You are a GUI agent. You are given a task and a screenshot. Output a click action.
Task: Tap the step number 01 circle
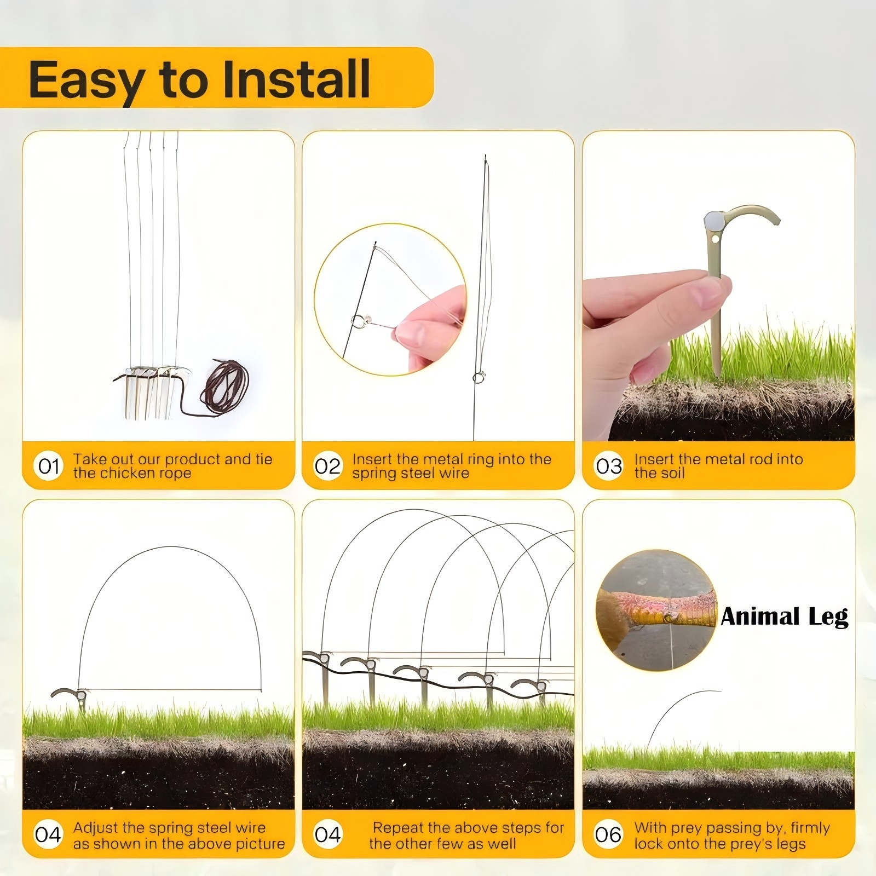(x=48, y=466)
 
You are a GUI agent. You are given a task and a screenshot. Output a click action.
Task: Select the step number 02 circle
(x=327, y=466)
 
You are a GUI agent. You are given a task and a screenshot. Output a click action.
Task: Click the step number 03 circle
(x=608, y=466)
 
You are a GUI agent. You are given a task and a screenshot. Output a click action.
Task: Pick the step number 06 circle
(x=608, y=835)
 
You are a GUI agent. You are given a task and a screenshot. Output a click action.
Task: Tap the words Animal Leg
(x=784, y=617)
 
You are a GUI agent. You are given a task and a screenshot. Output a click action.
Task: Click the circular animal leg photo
(x=656, y=609)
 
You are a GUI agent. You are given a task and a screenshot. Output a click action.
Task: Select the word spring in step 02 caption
(x=374, y=473)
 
